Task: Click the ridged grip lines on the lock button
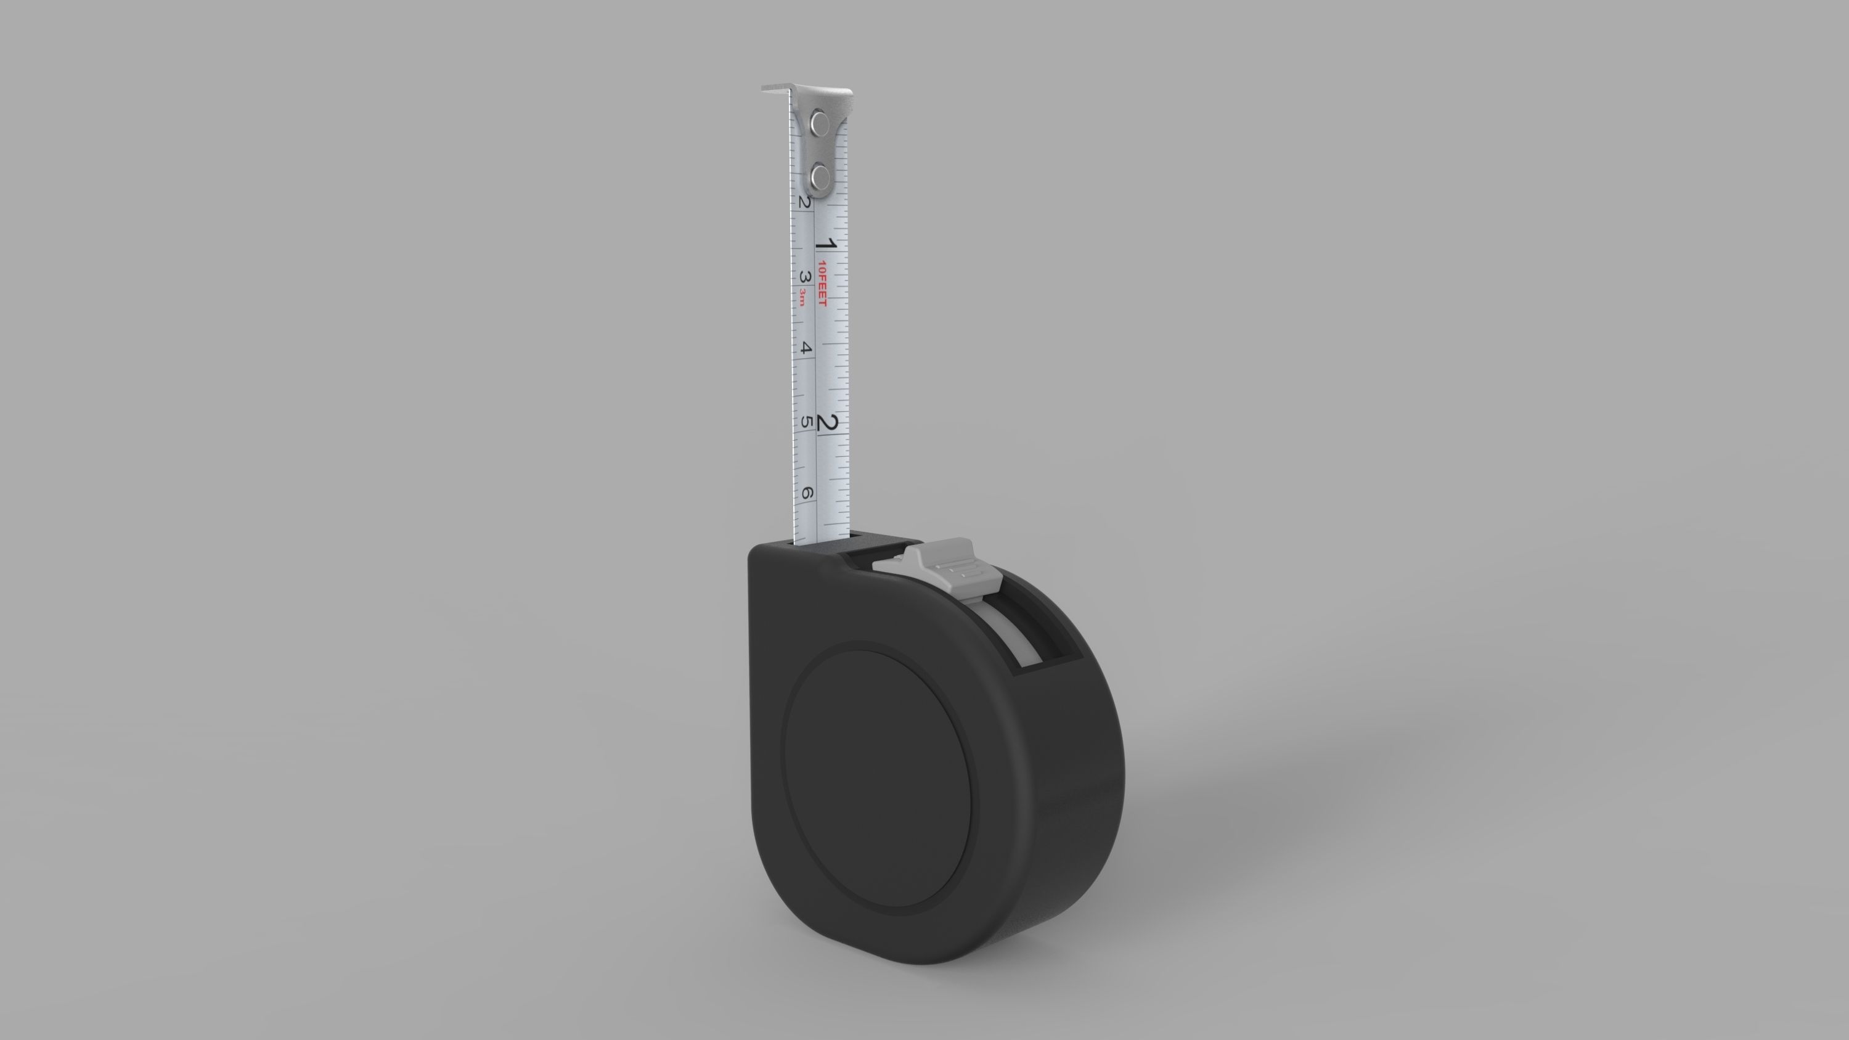[x=963, y=571]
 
